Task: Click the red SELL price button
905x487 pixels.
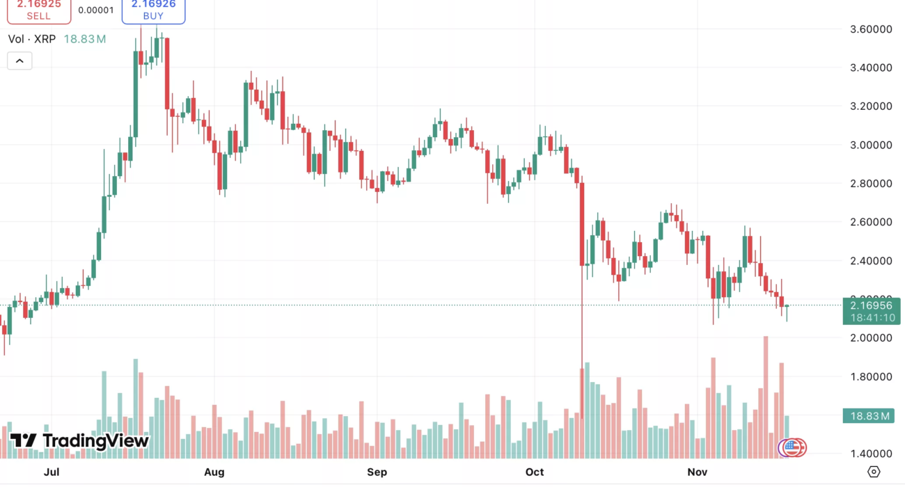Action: pyautogui.click(x=39, y=10)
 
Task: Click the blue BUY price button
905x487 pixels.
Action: pyautogui.click(x=153, y=10)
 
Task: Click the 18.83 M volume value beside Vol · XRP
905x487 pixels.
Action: pyautogui.click(x=85, y=39)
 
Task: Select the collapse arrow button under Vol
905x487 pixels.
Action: pyautogui.click(x=19, y=61)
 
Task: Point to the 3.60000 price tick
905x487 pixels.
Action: pyautogui.click(x=871, y=29)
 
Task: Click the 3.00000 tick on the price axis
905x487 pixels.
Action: pyautogui.click(x=871, y=145)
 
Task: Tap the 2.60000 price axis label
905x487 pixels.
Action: pyautogui.click(x=871, y=222)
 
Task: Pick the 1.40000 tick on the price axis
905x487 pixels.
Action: pyautogui.click(x=871, y=454)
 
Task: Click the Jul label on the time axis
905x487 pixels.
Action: pyautogui.click(x=50, y=472)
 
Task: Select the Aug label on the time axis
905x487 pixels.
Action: pyautogui.click(x=214, y=472)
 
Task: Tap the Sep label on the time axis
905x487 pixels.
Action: pyautogui.click(x=377, y=472)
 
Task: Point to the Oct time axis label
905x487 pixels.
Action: pyautogui.click(x=535, y=472)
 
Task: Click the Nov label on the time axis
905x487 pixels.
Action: pyautogui.click(x=698, y=472)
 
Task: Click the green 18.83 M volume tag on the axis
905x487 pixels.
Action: pyautogui.click(x=871, y=416)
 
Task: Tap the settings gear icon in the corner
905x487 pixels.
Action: pyautogui.click(x=874, y=472)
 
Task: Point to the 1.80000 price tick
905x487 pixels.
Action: pyautogui.click(x=871, y=376)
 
